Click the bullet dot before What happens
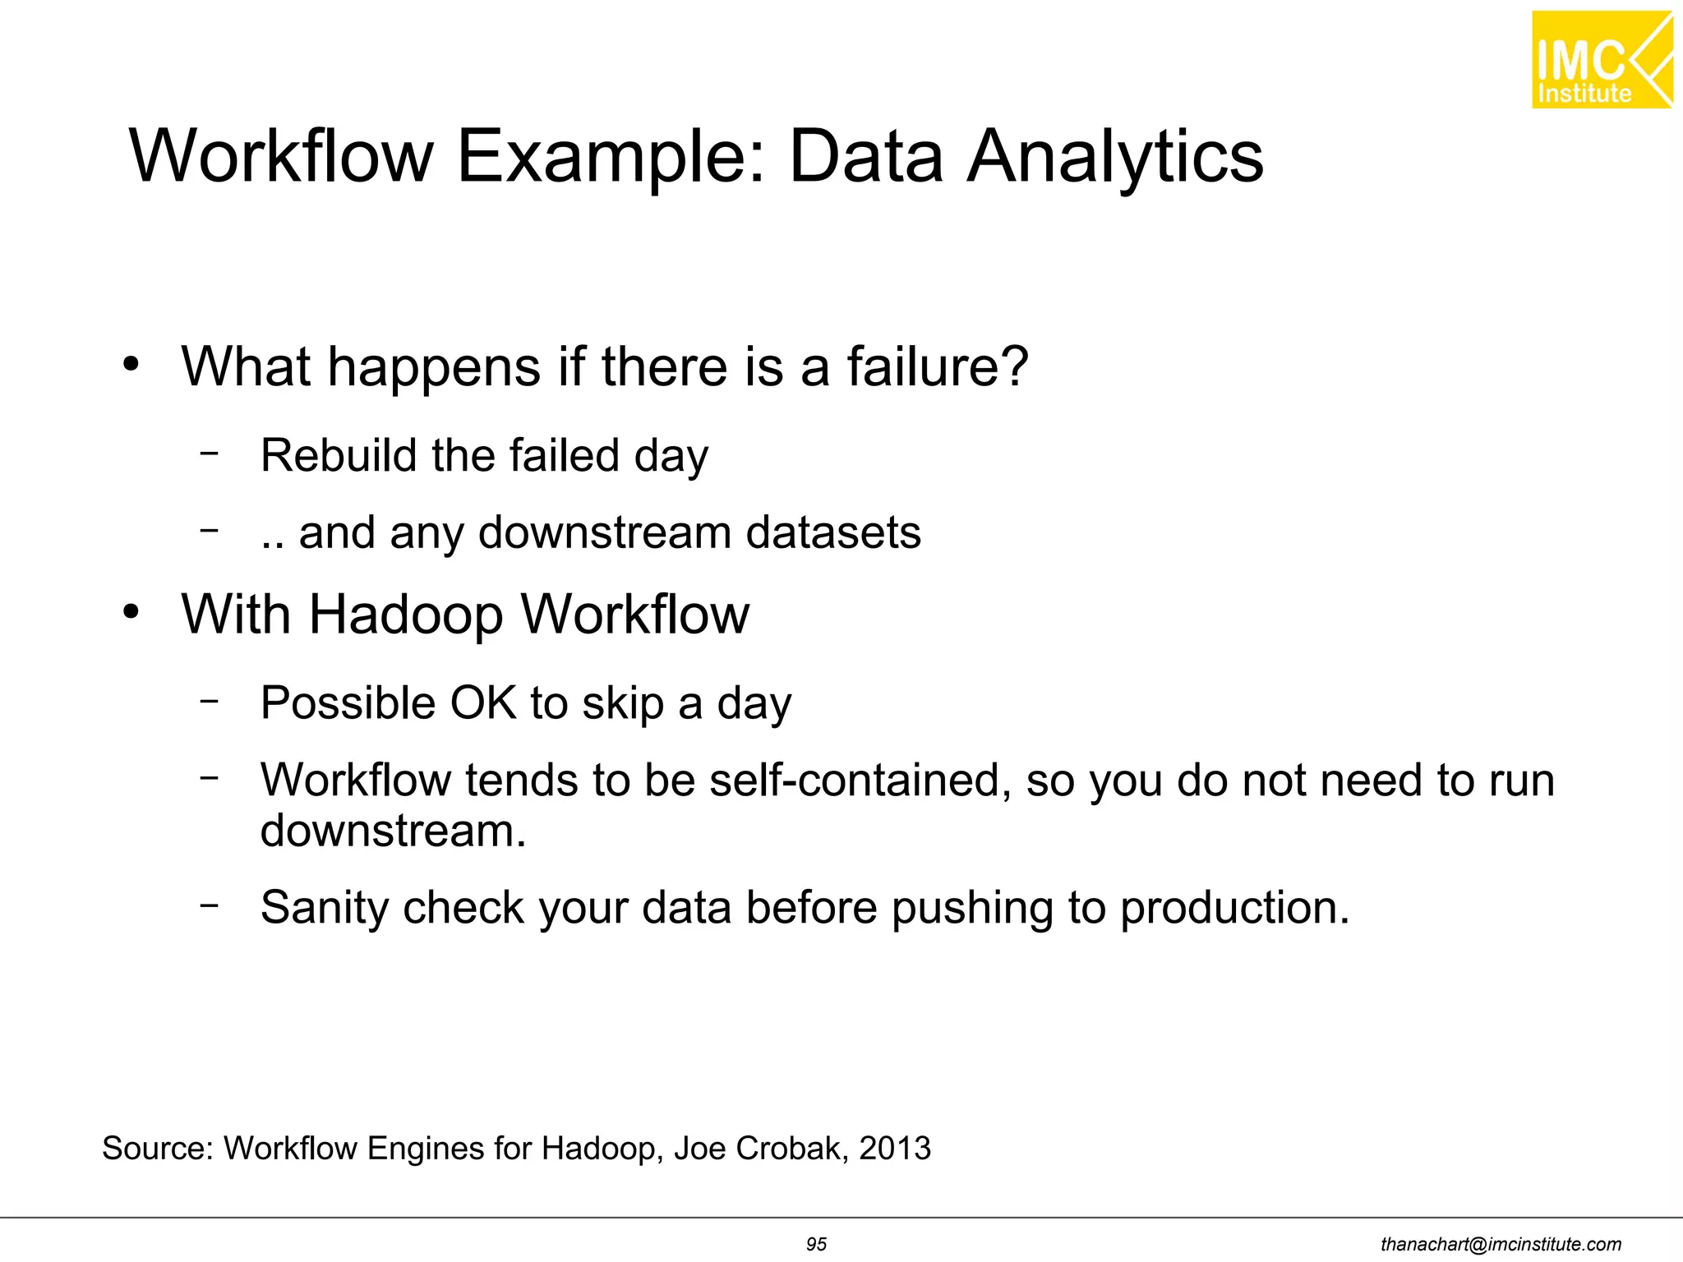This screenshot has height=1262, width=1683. click(131, 364)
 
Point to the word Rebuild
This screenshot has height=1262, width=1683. click(339, 455)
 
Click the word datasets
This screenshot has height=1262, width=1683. click(833, 532)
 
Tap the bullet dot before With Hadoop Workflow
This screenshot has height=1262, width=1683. click(131, 612)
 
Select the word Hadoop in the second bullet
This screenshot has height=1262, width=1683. click(406, 614)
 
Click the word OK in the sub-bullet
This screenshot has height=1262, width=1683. click(483, 703)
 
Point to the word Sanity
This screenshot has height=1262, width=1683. click(324, 907)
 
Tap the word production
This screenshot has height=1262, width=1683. click(1234, 908)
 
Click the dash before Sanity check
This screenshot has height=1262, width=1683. click(210, 905)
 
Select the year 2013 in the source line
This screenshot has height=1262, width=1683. click(895, 1148)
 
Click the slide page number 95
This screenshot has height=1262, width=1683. click(816, 1244)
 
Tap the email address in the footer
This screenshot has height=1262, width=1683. click(1501, 1245)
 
